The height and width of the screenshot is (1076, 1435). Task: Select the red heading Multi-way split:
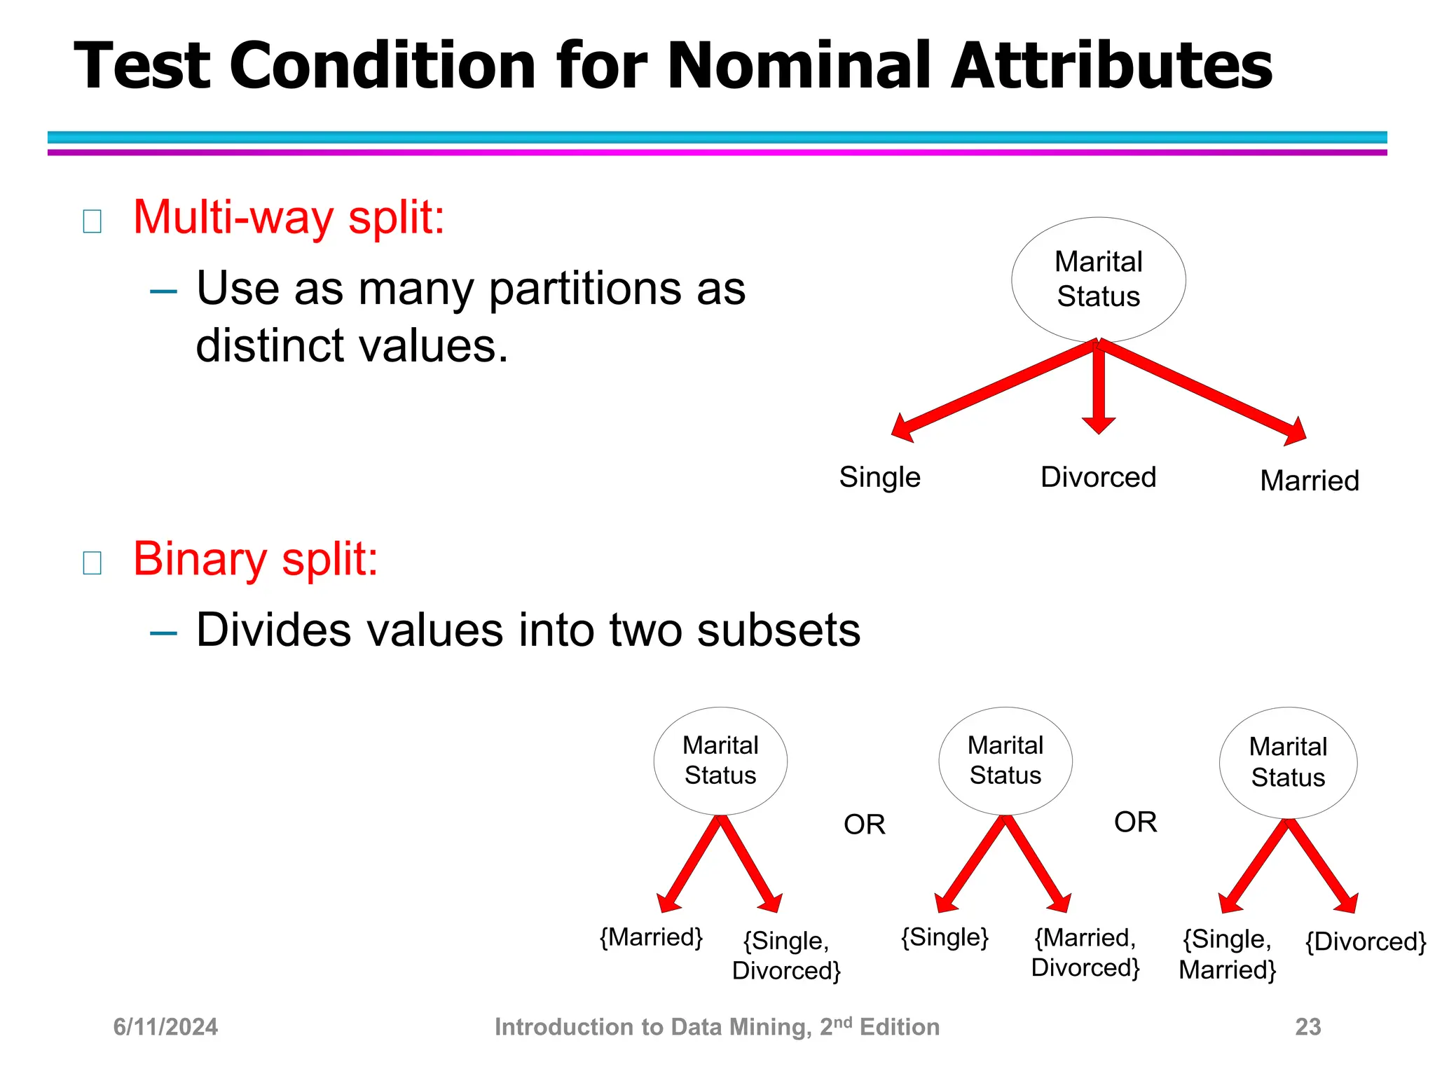(289, 217)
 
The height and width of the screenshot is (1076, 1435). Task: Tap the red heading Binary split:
(256, 559)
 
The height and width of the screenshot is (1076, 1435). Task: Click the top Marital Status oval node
(1098, 279)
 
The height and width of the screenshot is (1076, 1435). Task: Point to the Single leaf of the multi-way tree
(879, 477)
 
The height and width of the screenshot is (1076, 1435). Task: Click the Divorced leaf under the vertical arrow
(1098, 477)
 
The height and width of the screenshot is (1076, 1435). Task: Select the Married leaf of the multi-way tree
(1309, 481)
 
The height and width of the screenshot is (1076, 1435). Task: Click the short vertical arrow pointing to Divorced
(1098, 389)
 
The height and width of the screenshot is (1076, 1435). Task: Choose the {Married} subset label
(651, 937)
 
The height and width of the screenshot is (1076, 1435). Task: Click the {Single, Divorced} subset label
(786, 956)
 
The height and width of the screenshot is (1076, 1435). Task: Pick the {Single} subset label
(944, 937)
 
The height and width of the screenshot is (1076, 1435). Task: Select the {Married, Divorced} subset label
(1085, 953)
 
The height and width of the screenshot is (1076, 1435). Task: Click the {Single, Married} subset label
(1228, 954)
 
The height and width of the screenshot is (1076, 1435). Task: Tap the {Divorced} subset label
(1365, 941)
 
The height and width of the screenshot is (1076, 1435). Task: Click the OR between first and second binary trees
(864, 825)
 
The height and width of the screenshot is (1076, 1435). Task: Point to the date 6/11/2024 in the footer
(165, 1027)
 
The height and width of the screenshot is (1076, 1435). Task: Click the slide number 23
(1307, 1027)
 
